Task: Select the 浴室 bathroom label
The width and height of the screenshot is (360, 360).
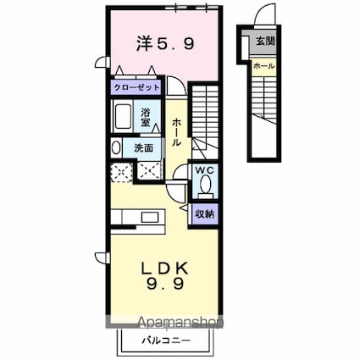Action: pyautogui.click(x=146, y=118)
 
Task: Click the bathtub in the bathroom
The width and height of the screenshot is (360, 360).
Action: pyautogui.click(x=122, y=117)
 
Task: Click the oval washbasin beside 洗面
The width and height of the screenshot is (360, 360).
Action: pyautogui.click(x=117, y=147)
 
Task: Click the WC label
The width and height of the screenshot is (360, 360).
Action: pyautogui.click(x=204, y=169)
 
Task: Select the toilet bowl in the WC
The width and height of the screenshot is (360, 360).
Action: pyautogui.click(x=204, y=187)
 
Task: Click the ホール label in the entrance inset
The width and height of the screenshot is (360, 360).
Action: pyautogui.click(x=263, y=64)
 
